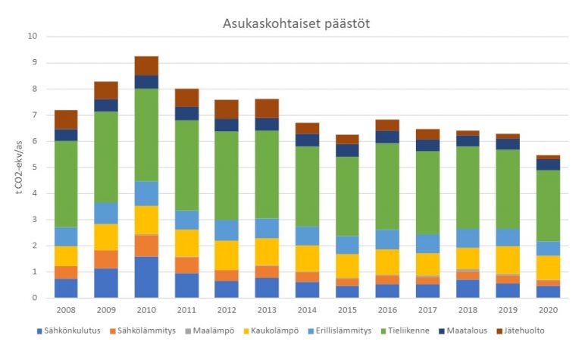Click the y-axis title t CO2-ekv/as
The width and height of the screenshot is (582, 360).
pos(19,166)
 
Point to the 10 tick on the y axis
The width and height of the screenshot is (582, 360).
pos(32,36)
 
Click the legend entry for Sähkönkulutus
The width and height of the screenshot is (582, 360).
pos(72,330)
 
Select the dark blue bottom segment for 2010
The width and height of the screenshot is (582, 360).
pos(146,277)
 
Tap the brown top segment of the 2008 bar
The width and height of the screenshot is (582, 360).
pos(66,119)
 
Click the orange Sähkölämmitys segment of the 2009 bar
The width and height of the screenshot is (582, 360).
pos(107,259)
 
